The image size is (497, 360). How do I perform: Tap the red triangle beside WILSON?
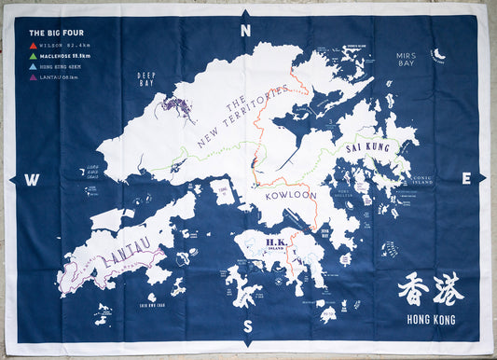pyautogui.click(x=34, y=44)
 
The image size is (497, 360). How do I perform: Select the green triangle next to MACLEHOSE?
pyautogui.click(x=34, y=55)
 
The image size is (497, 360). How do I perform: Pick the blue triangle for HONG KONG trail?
pyautogui.click(x=34, y=66)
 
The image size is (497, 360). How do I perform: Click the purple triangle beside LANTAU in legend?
pyautogui.click(x=34, y=77)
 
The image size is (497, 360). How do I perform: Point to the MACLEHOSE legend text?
pyautogui.click(x=56, y=55)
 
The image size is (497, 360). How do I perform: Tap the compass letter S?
pyautogui.click(x=247, y=326)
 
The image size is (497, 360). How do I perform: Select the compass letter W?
pyautogui.click(x=31, y=179)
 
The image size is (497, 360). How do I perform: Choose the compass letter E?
pyautogui.click(x=465, y=178)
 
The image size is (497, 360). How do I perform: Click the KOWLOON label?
pyautogui.click(x=290, y=198)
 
